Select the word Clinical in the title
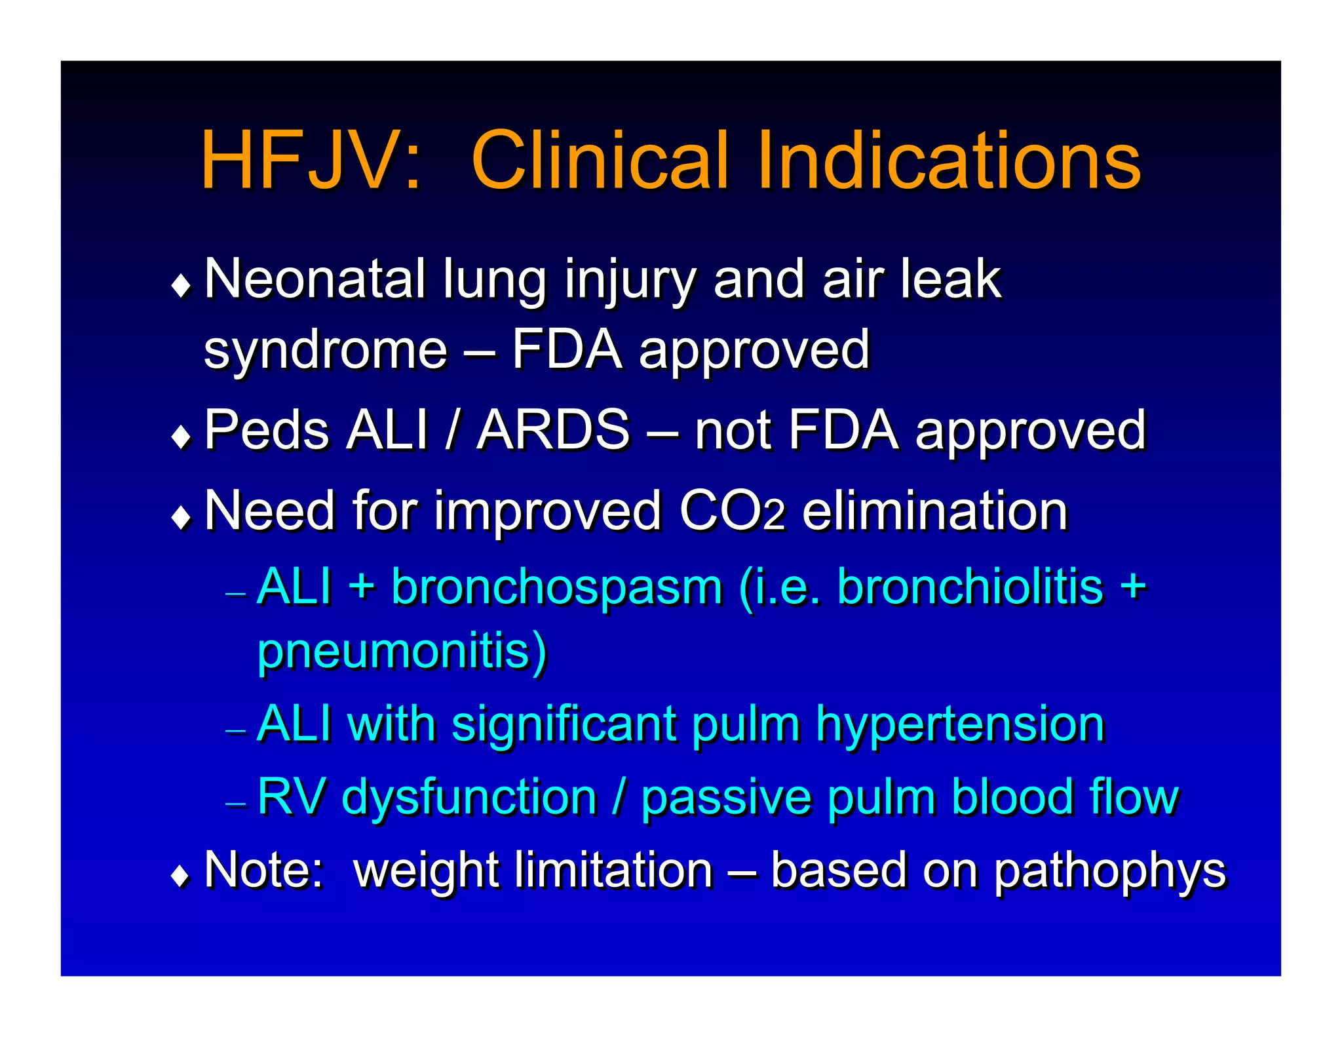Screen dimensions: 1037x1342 coord(599,161)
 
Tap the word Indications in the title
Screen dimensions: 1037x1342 coord(949,161)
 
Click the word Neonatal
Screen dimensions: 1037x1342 coord(315,279)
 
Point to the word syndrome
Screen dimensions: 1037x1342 coord(326,351)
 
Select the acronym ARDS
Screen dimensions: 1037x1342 coord(554,431)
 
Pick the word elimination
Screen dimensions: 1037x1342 coord(935,511)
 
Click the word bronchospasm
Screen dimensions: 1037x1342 coord(557,588)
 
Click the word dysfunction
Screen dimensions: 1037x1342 coord(469,798)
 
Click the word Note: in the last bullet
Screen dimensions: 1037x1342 coord(264,871)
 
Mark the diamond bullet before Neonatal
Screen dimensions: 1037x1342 coord(181,286)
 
